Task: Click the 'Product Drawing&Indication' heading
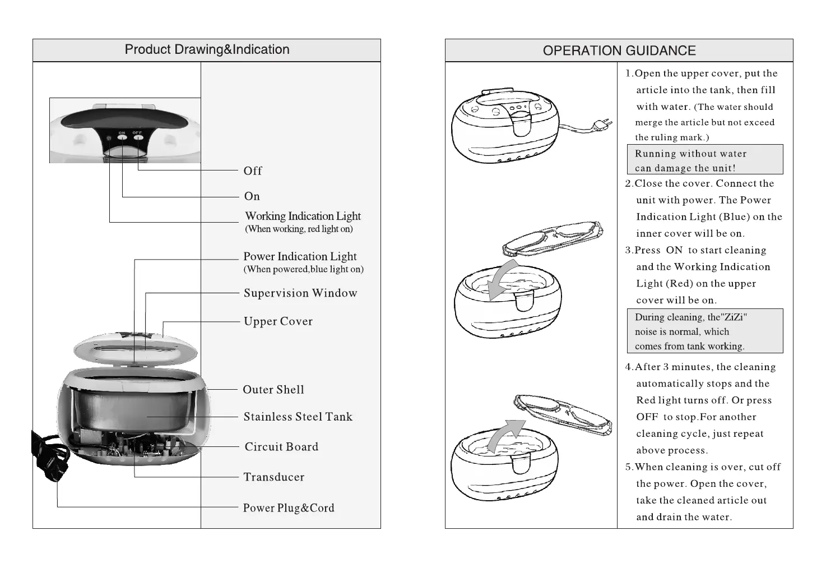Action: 207,49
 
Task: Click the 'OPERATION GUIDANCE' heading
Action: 619,50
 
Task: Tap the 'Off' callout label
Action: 253,170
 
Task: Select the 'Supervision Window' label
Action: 300,293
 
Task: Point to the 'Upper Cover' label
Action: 278,321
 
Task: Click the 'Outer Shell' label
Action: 273,390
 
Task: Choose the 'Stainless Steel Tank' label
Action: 298,417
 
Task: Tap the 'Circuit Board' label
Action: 281,447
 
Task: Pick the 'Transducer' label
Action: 274,477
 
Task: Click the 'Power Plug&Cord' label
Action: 289,508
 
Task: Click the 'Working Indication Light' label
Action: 303,216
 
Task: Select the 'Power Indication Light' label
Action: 300,257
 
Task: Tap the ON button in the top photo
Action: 122,137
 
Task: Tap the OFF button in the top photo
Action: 137,137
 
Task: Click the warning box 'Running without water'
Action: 704,160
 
